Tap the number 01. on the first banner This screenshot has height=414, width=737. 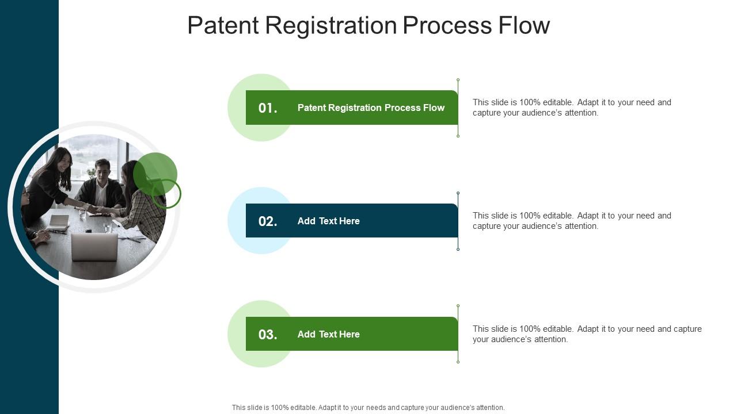(x=268, y=108)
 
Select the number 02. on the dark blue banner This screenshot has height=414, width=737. (x=268, y=221)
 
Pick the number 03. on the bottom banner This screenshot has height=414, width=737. (x=268, y=335)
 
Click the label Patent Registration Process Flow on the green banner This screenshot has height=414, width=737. (x=371, y=108)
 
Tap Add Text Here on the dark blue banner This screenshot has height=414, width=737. (x=328, y=221)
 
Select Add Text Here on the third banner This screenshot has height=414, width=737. (x=328, y=334)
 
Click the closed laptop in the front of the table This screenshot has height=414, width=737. (x=94, y=246)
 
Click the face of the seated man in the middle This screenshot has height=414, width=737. (x=102, y=170)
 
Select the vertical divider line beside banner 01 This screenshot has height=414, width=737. (x=458, y=108)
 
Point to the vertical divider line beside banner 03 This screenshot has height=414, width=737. (x=458, y=334)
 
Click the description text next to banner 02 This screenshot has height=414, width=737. (x=571, y=221)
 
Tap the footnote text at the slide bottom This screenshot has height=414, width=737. (x=368, y=408)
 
